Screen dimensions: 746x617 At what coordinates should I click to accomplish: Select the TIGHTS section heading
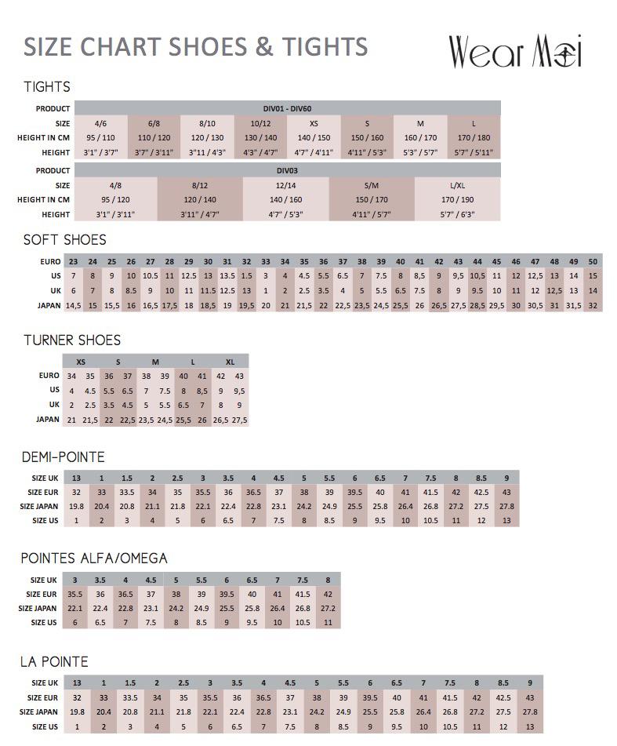(x=47, y=87)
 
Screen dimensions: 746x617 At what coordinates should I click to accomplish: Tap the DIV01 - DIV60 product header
(x=287, y=108)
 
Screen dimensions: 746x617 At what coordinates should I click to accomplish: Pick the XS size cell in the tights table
(x=314, y=123)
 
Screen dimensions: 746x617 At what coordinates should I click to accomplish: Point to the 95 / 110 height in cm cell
(x=100, y=137)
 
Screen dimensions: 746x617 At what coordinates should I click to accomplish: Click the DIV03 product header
(x=287, y=170)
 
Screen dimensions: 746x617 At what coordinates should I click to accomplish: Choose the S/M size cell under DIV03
(x=371, y=185)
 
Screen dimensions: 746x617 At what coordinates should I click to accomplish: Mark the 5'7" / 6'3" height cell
(x=457, y=213)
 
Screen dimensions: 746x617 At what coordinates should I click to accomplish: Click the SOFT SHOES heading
(x=64, y=239)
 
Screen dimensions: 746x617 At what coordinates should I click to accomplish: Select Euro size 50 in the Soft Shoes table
(x=592, y=261)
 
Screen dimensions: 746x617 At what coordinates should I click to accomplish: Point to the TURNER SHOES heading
(x=72, y=340)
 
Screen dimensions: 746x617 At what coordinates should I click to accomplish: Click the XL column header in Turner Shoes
(x=230, y=362)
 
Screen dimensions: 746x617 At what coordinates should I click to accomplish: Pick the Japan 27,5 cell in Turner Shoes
(x=239, y=420)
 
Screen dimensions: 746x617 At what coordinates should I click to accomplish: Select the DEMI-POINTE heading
(x=63, y=457)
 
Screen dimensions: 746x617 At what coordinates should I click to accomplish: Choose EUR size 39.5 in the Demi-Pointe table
(x=354, y=492)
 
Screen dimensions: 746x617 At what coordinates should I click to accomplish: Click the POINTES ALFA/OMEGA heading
(x=94, y=558)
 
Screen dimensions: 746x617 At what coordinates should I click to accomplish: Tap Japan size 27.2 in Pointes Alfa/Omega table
(x=328, y=608)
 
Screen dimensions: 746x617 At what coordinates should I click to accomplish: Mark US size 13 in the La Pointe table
(x=530, y=726)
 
